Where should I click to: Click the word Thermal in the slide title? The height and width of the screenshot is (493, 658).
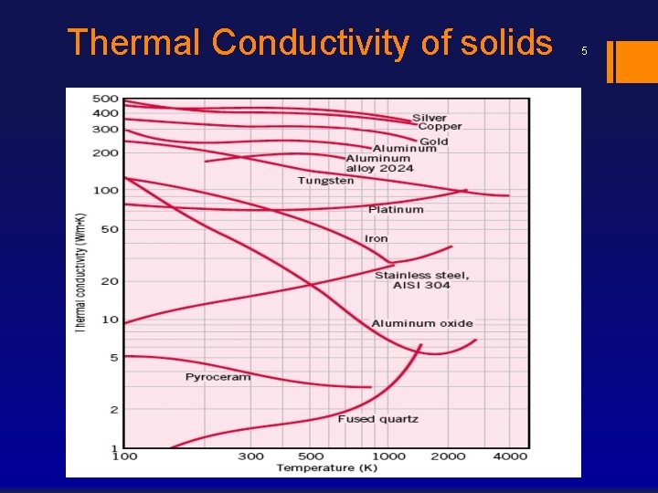(134, 43)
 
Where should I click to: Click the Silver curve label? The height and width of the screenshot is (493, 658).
(430, 118)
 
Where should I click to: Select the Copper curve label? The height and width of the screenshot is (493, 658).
(440, 127)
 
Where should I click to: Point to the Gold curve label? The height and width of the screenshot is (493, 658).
(433, 142)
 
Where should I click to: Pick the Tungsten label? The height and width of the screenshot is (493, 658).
(325, 181)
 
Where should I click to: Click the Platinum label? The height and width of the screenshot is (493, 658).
(396, 209)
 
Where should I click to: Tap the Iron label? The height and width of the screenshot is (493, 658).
(376, 238)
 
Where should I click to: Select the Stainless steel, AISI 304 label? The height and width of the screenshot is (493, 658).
(421, 280)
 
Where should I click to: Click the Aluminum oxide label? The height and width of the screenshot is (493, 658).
(421, 323)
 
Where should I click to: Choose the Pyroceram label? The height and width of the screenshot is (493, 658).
(218, 377)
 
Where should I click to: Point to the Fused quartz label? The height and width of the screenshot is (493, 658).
(377, 419)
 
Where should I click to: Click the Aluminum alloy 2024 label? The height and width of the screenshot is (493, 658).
(379, 163)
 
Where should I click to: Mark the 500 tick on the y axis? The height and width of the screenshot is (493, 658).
(106, 99)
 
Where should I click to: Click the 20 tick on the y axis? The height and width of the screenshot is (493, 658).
(110, 281)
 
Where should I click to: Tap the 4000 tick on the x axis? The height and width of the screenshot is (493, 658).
(511, 456)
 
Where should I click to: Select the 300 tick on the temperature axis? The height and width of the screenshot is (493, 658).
(250, 456)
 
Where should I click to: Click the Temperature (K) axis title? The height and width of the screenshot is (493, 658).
(315, 468)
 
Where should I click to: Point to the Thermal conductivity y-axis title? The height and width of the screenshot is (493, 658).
(80, 272)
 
